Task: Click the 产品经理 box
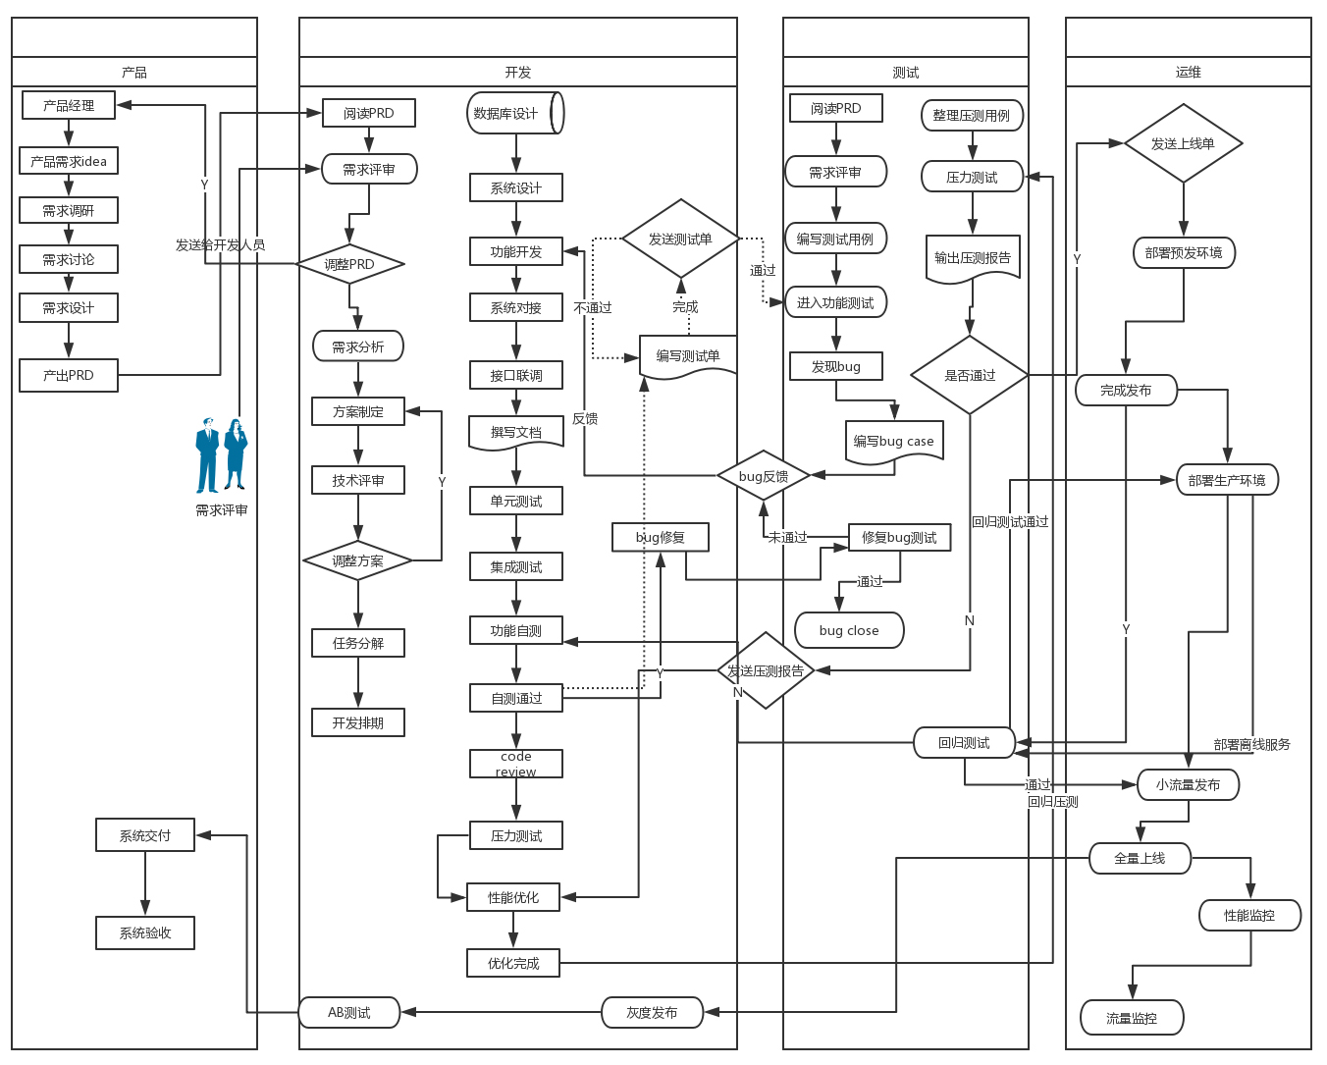[x=69, y=105]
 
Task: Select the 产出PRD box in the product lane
[x=69, y=375]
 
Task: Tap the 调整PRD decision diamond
[x=349, y=264]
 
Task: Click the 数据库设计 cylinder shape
[x=514, y=113]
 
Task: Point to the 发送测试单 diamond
[x=680, y=239]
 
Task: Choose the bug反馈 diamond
[x=764, y=476]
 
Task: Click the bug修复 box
[x=660, y=537]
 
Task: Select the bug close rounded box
[x=849, y=630]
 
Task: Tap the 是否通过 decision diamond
[x=970, y=375]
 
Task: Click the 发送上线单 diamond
[x=1183, y=143]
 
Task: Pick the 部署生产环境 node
[x=1227, y=480]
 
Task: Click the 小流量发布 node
[x=1188, y=784]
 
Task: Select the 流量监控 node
[x=1132, y=1018]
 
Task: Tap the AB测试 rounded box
[x=349, y=1012]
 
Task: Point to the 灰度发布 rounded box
[x=652, y=1012]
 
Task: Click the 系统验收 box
[x=145, y=932]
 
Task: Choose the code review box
[x=516, y=764]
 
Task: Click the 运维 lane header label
[x=1188, y=72]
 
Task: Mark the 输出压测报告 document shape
[x=973, y=259]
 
